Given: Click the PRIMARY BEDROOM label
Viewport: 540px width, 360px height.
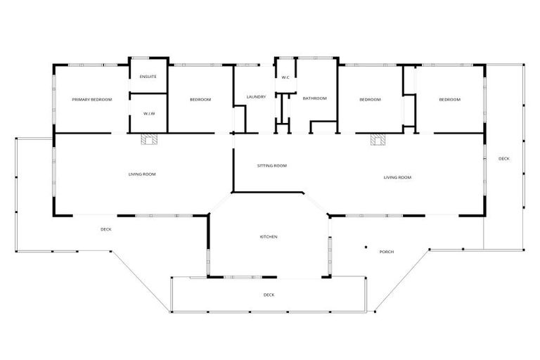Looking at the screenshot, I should pyautogui.click(x=91, y=100).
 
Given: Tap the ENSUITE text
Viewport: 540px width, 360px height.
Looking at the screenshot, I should pyautogui.click(x=148, y=76).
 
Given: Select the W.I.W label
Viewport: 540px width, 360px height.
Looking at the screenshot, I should pyautogui.click(x=148, y=113).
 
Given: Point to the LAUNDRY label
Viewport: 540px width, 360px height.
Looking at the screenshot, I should pyautogui.click(x=256, y=96).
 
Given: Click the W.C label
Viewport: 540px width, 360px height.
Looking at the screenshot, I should pyautogui.click(x=285, y=77).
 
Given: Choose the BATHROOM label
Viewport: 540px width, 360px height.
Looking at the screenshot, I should pyautogui.click(x=314, y=98).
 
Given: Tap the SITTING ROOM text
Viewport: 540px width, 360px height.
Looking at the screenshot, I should pyautogui.click(x=271, y=166).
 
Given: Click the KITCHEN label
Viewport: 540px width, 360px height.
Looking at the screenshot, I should pyautogui.click(x=269, y=237).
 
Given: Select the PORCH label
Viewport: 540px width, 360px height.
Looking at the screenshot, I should pyautogui.click(x=387, y=252).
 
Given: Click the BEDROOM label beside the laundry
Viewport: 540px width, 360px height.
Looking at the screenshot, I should pyautogui.click(x=200, y=100).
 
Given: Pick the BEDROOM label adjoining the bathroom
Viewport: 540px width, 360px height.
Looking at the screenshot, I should pyautogui.click(x=370, y=100).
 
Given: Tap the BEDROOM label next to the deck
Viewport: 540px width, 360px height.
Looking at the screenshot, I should pyautogui.click(x=449, y=100).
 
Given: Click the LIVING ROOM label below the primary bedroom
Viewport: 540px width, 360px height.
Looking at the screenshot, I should pyautogui.click(x=142, y=174).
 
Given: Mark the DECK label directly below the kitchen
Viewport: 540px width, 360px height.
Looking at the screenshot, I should pyautogui.click(x=269, y=295).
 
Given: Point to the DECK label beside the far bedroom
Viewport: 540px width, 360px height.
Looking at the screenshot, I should pyautogui.click(x=504, y=159).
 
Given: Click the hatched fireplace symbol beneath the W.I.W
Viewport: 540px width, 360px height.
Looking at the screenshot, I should pyautogui.click(x=148, y=139).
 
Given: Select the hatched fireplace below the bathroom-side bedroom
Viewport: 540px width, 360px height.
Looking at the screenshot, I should pyautogui.click(x=379, y=139).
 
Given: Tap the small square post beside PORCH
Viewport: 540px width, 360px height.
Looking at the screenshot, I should pyautogui.click(x=366, y=247).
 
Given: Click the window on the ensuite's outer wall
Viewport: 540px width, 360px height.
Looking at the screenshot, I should pyautogui.click(x=148, y=58).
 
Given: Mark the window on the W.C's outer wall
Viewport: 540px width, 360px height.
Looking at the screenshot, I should pyautogui.click(x=285, y=58).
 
